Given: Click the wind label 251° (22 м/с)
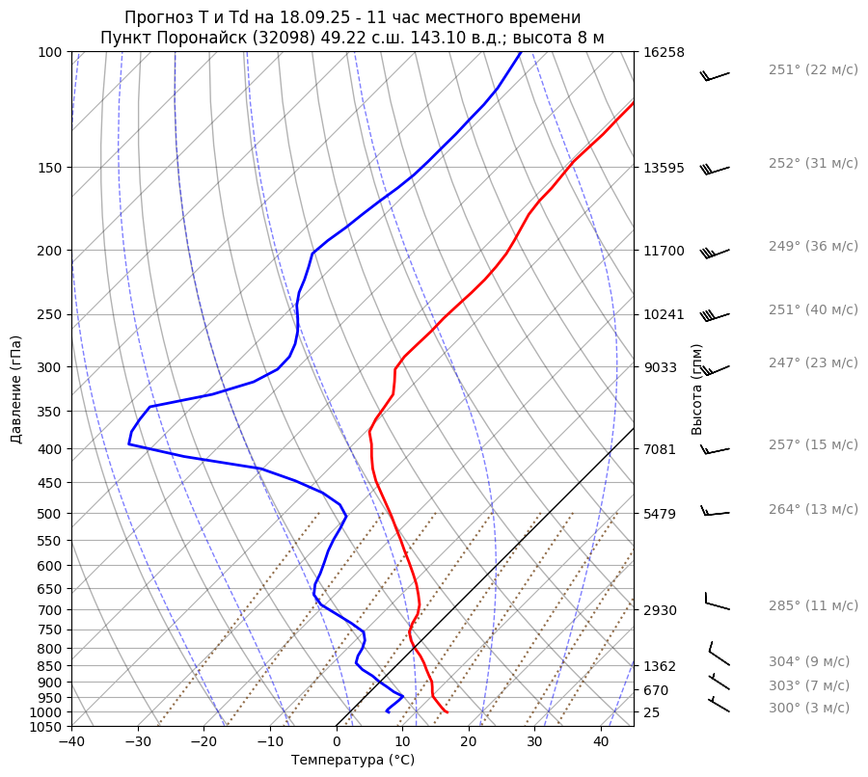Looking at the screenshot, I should (x=812, y=70).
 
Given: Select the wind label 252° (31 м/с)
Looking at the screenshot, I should (x=812, y=164).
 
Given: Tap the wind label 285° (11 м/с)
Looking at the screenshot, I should (x=812, y=606).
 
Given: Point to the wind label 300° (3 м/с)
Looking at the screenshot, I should (x=808, y=708).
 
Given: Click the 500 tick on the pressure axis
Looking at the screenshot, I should (x=53, y=514).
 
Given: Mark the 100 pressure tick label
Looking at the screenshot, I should (x=53, y=52).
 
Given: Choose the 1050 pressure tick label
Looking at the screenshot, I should (x=49, y=727).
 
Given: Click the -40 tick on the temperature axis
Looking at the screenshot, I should (x=71, y=742).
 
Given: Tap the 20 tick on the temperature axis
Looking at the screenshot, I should (x=469, y=742).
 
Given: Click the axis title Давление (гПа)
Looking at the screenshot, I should (x=16, y=389).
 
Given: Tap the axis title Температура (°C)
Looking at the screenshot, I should (x=353, y=761).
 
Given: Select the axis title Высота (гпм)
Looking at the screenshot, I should (x=697, y=389).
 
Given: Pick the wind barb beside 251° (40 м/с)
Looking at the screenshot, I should (x=715, y=314).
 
